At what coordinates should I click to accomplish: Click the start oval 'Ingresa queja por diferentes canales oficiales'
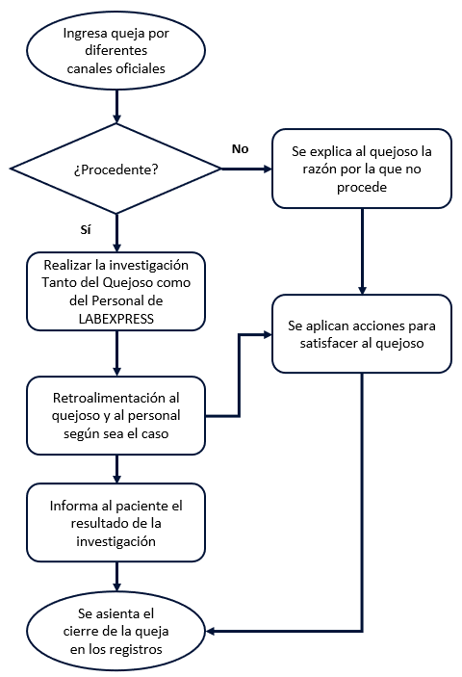[115, 52]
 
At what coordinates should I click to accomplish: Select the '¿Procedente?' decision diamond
[115, 169]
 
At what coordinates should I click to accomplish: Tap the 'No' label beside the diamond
[241, 148]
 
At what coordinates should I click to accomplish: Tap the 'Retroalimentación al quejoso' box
[115, 415]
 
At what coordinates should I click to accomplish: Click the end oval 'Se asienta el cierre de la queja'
[115, 631]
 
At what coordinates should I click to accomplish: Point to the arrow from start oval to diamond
[115, 104]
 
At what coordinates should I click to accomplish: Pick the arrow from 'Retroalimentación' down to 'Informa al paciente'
[115, 469]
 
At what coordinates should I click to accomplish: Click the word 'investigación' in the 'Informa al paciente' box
[115, 542]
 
